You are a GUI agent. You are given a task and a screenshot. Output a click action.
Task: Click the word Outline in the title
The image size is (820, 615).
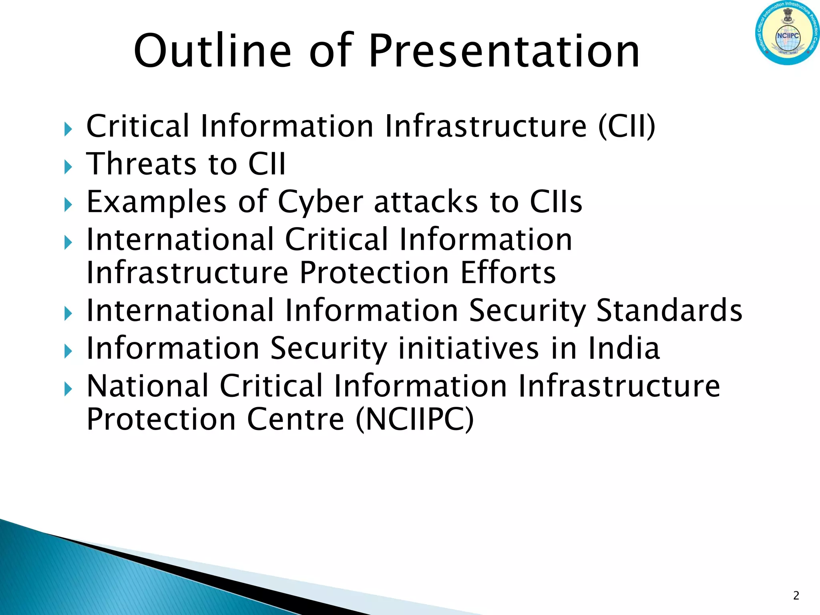click(213, 51)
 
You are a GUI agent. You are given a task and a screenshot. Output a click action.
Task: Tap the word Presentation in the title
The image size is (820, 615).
click(504, 51)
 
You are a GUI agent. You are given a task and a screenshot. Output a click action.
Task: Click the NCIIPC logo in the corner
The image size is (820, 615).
click(787, 33)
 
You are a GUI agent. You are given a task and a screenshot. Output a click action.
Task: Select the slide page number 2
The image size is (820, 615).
click(796, 596)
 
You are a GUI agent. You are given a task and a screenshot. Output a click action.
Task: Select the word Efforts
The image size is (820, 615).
click(508, 273)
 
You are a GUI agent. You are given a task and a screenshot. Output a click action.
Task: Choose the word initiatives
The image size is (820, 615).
click(468, 348)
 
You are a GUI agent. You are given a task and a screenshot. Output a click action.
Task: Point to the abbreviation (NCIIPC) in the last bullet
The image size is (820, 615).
click(414, 419)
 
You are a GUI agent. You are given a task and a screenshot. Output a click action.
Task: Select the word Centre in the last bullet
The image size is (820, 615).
click(295, 419)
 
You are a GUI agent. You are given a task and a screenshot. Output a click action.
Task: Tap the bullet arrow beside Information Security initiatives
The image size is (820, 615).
click(68, 351)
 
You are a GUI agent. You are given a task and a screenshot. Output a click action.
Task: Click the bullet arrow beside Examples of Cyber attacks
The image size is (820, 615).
click(68, 205)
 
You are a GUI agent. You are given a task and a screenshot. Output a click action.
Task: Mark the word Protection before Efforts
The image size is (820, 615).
click(374, 273)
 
